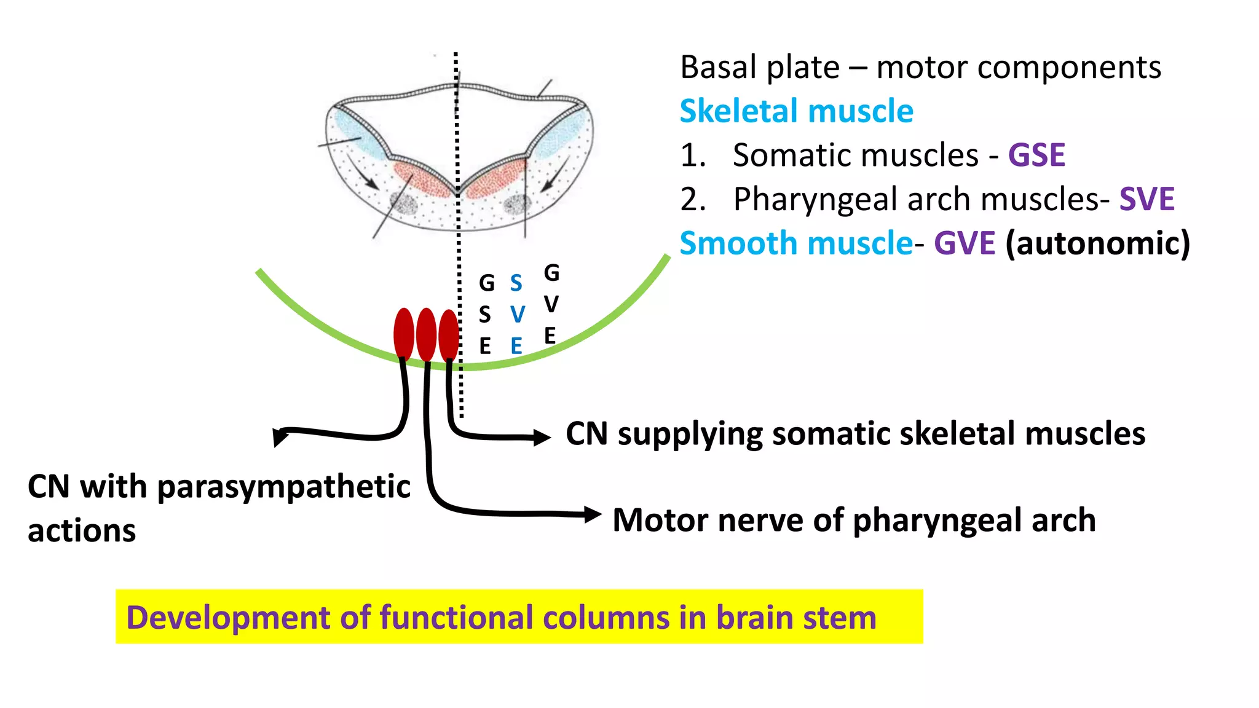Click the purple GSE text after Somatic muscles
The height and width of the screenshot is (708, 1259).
[1036, 155]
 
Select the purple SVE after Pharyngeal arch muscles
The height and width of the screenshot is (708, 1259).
[1147, 199]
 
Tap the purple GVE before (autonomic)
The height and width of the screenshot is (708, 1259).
[964, 243]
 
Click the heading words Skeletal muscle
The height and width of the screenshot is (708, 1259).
[796, 111]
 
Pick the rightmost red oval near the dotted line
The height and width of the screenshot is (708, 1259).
[449, 335]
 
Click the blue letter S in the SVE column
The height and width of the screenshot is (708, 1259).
[516, 283]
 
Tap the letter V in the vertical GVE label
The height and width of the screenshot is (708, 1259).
[551, 304]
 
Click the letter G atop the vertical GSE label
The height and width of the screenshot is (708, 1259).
[486, 283]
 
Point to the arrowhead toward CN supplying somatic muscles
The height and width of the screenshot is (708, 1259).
[542, 437]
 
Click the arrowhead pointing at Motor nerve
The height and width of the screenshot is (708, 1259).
[593, 514]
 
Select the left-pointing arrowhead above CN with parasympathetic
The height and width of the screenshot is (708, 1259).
[280, 436]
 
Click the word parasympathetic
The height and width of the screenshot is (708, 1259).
[283, 487]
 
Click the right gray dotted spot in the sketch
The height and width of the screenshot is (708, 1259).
[516, 204]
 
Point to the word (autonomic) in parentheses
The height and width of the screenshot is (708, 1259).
[1098, 243]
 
